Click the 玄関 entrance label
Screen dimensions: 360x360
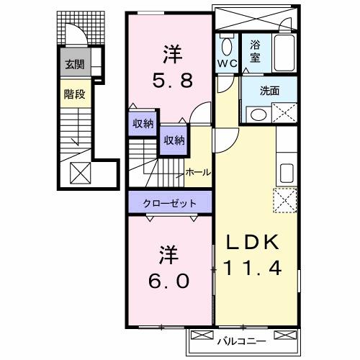pyautogui.click(x=75, y=65)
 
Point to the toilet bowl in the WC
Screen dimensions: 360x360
pyautogui.click(x=226, y=48)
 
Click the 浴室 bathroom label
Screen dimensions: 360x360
pyautogui.click(x=256, y=50)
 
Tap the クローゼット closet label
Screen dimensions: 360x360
pyautogui.click(x=171, y=203)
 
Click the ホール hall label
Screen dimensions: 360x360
pyautogui.click(x=198, y=173)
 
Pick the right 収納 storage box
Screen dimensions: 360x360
pyautogui.click(x=173, y=140)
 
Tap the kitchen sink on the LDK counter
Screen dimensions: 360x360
pyautogui.click(x=286, y=174)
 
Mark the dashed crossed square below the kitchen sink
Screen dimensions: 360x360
pyautogui.click(x=286, y=199)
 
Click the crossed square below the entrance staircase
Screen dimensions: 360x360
pyautogui.click(x=80, y=171)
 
